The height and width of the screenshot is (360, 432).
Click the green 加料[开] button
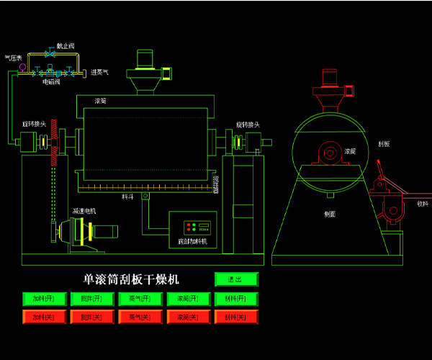[x=44, y=299]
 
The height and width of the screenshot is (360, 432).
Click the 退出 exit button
[x=236, y=279]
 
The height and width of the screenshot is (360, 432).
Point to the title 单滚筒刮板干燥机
[x=131, y=279]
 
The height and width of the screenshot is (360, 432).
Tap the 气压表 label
[x=13, y=58]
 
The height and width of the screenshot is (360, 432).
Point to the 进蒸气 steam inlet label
[x=99, y=72]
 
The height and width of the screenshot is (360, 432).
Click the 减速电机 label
[x=84, y=211]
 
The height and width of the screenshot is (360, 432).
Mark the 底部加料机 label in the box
[x=192, y=241]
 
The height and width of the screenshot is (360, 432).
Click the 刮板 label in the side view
[x=383, y=143]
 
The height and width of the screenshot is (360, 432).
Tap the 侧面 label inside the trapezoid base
[x=330, y=214]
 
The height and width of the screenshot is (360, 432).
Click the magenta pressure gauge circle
[x=22, y=68]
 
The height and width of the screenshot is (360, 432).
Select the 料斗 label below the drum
[x=127, y=195]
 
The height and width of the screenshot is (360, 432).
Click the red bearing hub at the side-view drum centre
[x=330, y=153]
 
